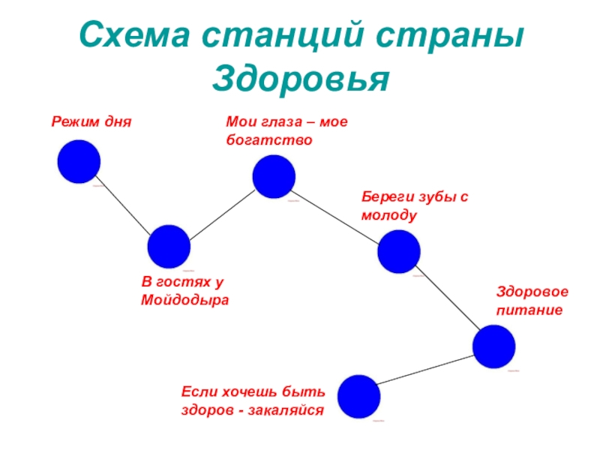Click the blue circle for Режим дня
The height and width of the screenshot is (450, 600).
coord(79,163)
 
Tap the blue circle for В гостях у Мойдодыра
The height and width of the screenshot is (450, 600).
coord(169,247)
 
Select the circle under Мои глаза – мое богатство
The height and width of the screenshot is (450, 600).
coord(274,176)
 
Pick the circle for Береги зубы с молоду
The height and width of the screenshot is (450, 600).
coord(399,251)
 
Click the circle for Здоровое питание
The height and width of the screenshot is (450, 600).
coord(494,346)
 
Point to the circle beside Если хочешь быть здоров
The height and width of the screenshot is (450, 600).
coord(358,396)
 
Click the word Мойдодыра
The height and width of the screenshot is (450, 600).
coord(184,300)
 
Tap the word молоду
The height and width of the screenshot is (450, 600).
coord(388,214)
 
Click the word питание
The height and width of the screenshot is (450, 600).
coord(529,309)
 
